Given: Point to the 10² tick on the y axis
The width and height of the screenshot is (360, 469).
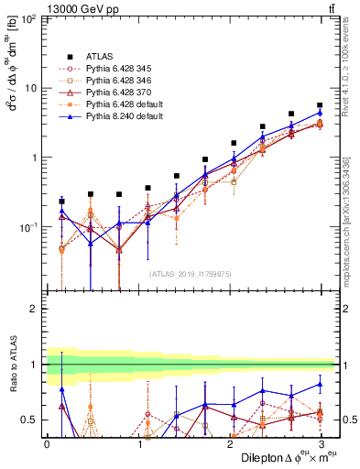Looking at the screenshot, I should pos(28,19).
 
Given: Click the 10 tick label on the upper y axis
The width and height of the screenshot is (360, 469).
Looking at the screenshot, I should pos(32,88).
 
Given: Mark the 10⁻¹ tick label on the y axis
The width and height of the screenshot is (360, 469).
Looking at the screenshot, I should pos(28,226).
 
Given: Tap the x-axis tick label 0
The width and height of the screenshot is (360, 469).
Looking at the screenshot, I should pos(47,444).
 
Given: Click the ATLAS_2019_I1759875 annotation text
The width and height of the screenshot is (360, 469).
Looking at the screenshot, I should pos(191,273).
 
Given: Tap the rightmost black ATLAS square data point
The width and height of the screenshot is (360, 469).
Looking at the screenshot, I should pos(319,105).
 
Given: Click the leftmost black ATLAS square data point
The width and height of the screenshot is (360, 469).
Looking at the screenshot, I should pos(61,201).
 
